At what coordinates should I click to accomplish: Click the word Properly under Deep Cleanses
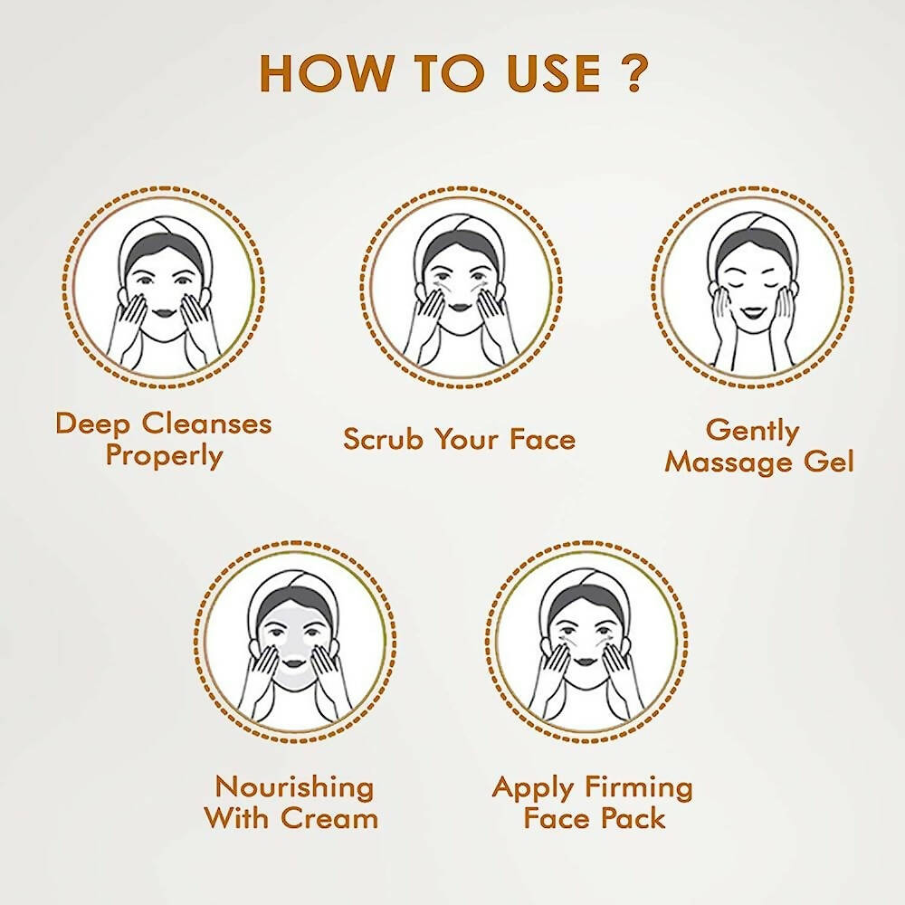pyautogui.click(x=164, y=455)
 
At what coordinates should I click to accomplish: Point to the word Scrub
pyautogui.click(x=384, y=440)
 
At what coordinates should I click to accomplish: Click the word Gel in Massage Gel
pyautogui.click(x=826, y=462)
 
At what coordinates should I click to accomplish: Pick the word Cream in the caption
pyautogui.click(x=329, y=819)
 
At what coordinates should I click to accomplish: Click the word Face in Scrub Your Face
pyautogui.click(x=541, y=440)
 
